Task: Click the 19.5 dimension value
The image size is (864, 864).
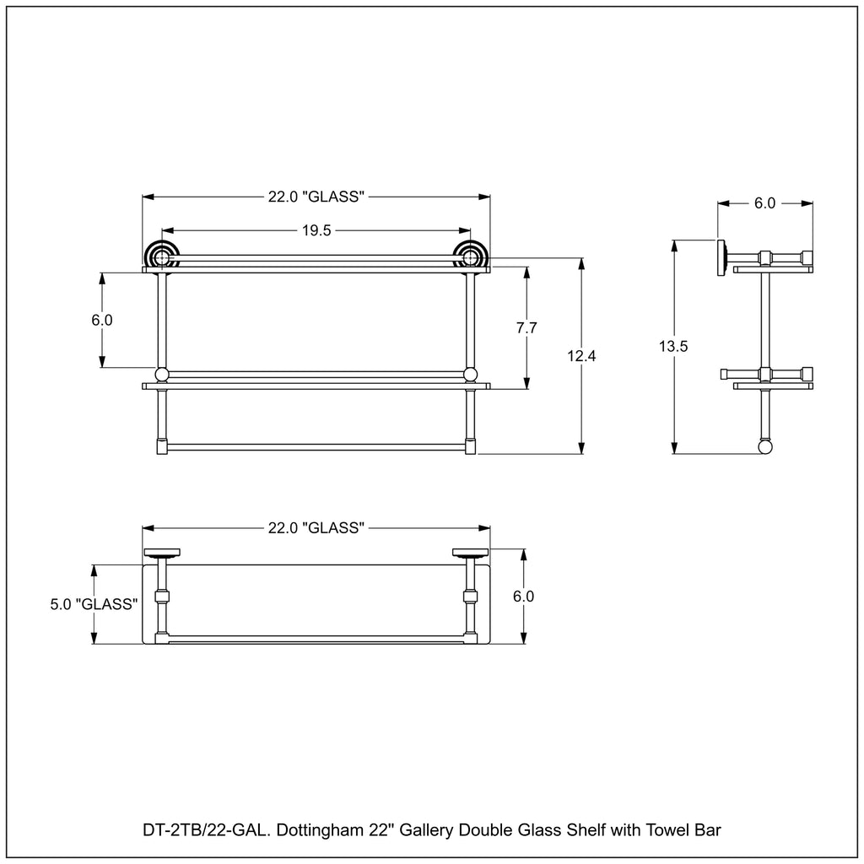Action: pos(316,230)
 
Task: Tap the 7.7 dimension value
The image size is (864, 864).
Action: pos(526,328)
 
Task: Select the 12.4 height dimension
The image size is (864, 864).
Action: pos(581,356)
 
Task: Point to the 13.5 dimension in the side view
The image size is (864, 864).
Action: pos(672,346)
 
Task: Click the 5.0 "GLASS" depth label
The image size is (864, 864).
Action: pos(94,604)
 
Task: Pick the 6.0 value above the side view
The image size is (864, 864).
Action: pos(764,203)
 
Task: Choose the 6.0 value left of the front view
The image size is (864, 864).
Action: pos(102,320)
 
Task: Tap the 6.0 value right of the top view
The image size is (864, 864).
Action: pos(523,597)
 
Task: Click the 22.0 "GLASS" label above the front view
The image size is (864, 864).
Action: pos(316,197)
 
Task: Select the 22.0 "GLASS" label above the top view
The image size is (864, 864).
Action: pos(316,528)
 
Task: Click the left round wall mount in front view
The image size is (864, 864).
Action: pos(161,256)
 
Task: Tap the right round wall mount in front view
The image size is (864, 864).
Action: pos(470,256)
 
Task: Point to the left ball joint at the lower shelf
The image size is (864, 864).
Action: pos(161,375)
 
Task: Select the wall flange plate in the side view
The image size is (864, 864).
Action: pos(721,257)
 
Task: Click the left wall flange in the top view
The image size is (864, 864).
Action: pos(162,553)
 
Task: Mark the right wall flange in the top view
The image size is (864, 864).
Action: pos(471,553)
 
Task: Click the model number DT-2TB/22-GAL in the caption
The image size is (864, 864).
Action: pos(207,830)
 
